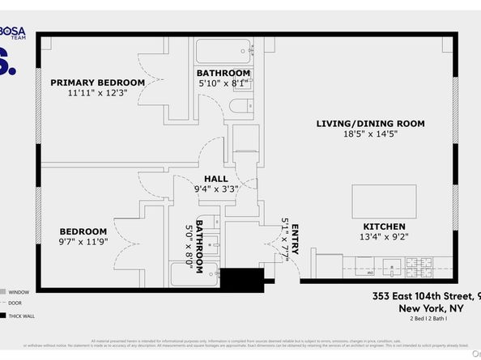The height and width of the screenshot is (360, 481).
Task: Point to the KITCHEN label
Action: [x=383, y=227]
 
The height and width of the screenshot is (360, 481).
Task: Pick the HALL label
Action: [x=215, y=179]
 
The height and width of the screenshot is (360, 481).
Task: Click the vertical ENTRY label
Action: [x=295, y=239]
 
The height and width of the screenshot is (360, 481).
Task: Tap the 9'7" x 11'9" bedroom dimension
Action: [x=83, y=242]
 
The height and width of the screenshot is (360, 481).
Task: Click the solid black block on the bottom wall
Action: [x=242, y=280]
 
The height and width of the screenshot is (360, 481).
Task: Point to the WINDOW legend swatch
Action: [x=4, y=291]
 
